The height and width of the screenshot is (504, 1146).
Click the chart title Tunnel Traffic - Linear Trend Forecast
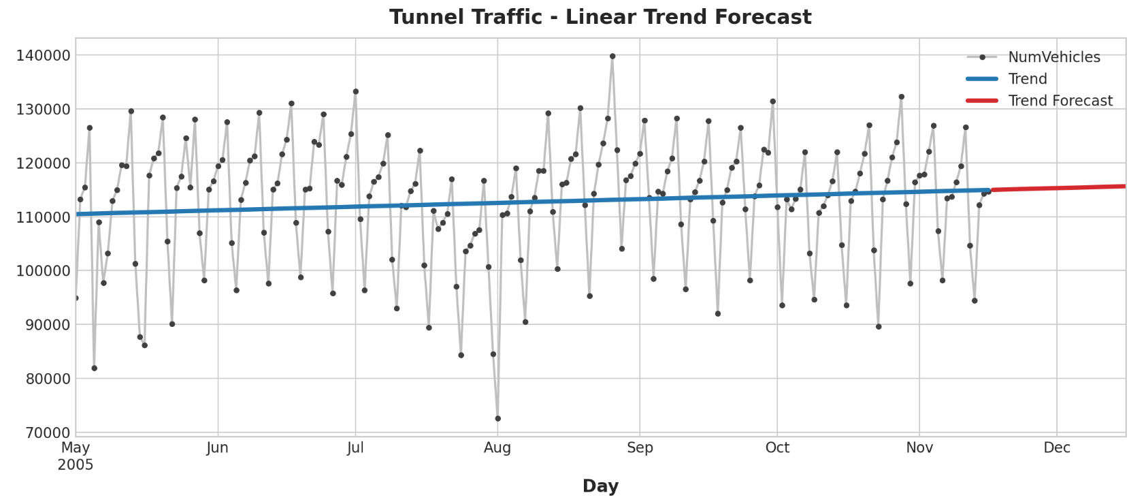point(600,17)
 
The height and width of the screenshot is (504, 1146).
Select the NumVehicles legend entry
point(1053,57)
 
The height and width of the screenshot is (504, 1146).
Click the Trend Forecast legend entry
point(1060,101)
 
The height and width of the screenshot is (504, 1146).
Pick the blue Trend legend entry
point(1027,79)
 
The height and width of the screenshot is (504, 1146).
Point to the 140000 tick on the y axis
point(43,55)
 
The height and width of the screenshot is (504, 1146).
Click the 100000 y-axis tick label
point(43,271)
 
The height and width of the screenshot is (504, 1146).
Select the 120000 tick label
point(43,163)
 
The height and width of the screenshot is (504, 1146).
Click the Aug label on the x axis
point(497,448)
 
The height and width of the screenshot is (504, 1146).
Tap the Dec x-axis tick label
point(1057,448)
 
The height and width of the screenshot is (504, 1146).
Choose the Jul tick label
point(355,448)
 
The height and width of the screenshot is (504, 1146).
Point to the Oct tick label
point(777,448)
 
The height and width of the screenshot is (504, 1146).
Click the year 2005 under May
point(76,465)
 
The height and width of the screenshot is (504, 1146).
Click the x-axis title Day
point(600,486)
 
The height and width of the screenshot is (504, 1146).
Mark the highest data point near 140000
point(612,57)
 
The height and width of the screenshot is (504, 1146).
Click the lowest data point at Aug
point(497,418)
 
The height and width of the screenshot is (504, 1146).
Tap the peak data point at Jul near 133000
point(355,91)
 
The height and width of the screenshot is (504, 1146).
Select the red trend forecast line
point(1059,187)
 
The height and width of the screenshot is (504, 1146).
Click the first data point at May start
point(76,298)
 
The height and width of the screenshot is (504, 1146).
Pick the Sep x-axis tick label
point(640,448)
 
